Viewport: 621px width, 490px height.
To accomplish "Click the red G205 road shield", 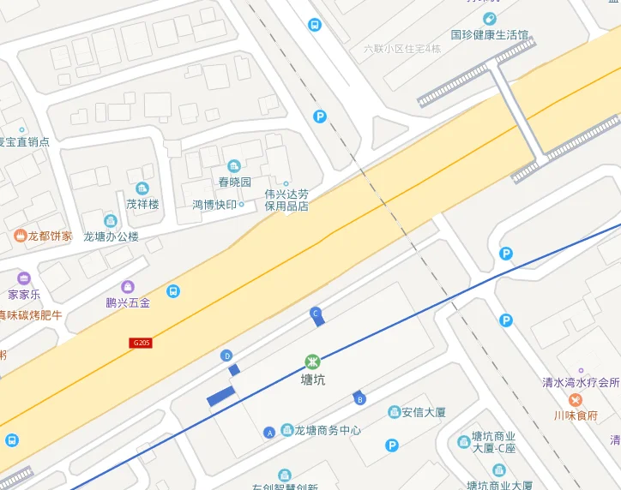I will click(x=142, y=343).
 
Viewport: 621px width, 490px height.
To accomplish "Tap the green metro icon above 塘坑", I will click(x=313, y=362).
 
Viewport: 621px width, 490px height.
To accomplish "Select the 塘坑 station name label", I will click(x=313, y=379).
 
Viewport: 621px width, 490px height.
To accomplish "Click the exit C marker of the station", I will click(x=316, y=314).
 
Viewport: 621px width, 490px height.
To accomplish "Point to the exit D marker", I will click(x=227, y=356).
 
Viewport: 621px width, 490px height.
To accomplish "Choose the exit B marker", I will click(x=360, y=398).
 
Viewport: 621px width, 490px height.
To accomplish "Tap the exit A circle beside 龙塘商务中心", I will click(x=270, y=432).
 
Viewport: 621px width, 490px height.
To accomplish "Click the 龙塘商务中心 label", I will click(x=328, y=431).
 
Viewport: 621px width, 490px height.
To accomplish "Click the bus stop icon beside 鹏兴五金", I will click(x=173, y=291).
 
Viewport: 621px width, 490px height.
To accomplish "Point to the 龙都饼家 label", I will click(x=50, y=236).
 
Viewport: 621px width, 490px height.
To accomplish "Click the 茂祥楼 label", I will click(x=142, y=204).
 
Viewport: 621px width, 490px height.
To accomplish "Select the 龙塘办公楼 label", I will click(x=111, y=236).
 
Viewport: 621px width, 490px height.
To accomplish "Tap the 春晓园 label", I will click(x=234, y=182).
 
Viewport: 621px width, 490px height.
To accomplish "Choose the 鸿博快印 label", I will click(x=214, y=205).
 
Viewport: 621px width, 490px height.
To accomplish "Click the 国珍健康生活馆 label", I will click(x=489, y=35).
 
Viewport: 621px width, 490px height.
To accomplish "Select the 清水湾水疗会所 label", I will click(x=581, y=382).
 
